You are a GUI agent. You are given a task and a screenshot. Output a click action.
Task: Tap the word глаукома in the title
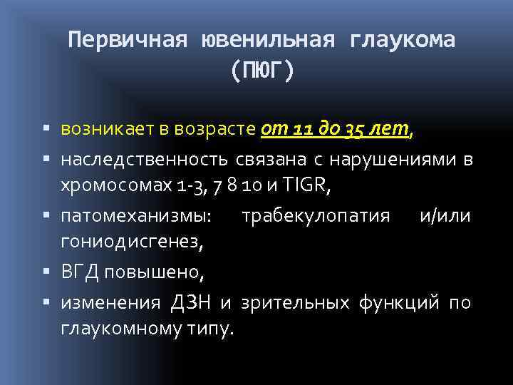[x=403, y=41]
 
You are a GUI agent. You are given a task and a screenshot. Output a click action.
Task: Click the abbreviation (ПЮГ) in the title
[x=261, y=71]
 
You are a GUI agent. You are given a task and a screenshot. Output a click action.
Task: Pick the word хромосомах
[x=115, y=187]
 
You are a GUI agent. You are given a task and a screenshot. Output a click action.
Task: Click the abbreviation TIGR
[x=306, y=187]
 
